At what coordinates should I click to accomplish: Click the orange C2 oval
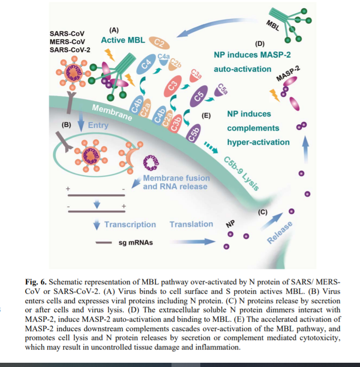point(159,43)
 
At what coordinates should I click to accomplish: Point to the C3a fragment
point(194,75)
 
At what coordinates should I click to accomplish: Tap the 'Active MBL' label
point(123,41)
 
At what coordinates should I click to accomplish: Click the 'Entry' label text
point(98,126)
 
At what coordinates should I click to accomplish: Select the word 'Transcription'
point(130,224)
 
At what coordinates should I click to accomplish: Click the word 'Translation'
point(191,224)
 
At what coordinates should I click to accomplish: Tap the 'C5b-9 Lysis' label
point(240,171)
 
